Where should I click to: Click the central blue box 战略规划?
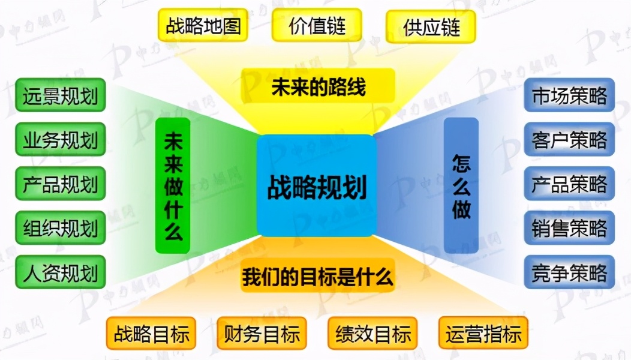(x=317, y=185)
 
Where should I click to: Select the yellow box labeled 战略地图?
(x=203, y=25)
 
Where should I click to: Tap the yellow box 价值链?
(x=317, y=25)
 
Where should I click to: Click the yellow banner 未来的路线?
(x=318, y=88)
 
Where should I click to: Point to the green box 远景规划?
(x=60, y=95)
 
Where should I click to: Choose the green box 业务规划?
(x=60, y=139)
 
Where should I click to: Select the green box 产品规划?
(x=60, y=184)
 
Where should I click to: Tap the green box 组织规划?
(x=60, y=228)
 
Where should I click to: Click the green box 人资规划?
(x=60, y=272)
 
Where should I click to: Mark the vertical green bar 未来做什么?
(x=173, y=185)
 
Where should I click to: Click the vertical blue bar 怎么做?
(x=461, y=185)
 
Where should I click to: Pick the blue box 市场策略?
(x=569, y=95)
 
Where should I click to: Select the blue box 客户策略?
(x=569, y=139)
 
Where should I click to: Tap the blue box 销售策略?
(x=569, y=228)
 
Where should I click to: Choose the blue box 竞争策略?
(x=569, y=272)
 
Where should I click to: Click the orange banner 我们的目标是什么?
(x=318, y=278)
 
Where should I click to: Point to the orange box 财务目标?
(x=262, y=334)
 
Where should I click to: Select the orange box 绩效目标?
(x=373, y=334)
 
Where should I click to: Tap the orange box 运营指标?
(x=483, y=334)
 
